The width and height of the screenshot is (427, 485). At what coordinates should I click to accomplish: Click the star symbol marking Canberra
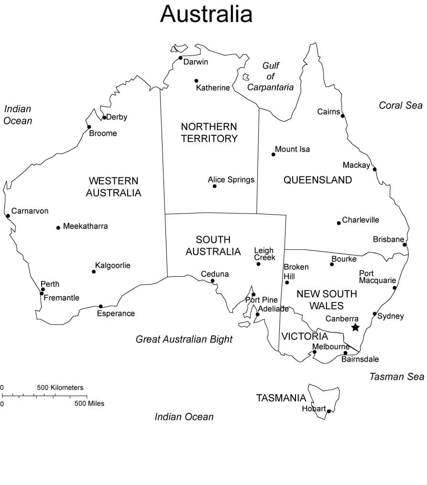click(355, 327)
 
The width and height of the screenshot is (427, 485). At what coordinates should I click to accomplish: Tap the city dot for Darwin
click(180, 58)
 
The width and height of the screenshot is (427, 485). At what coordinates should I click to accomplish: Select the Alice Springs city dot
click(214, 186)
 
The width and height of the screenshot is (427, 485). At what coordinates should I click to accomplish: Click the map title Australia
click(206, 14)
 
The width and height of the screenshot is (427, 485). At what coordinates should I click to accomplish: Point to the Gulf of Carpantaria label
click(270, 76)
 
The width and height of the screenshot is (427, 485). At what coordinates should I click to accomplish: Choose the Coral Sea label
click(401, 105)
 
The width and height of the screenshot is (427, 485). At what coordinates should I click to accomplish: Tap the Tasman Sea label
click(396, 377)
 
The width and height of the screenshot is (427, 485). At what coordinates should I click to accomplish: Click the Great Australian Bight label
click(184, 339)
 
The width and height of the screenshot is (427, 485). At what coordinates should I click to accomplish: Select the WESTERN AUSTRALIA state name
click(113, 187)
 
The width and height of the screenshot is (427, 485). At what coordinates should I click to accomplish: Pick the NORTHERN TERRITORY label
click(209, 132)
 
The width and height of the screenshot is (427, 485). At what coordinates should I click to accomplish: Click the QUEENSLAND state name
click(318, 180)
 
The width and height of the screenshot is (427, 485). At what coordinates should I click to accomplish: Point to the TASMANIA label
click(281, 398)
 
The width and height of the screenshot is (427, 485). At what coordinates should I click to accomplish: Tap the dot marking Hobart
click(329, 411)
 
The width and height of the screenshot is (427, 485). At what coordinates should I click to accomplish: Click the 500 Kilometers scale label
click(60, 388)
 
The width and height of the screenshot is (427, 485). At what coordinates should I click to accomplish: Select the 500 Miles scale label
click(89, 403)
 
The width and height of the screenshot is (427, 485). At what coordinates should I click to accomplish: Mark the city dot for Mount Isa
click(274, 154)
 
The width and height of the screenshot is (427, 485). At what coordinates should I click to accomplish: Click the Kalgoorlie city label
click(112, 265)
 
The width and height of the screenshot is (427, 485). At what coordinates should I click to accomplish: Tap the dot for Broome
click(89, 127)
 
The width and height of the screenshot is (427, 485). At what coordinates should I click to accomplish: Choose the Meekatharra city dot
click(58, 227)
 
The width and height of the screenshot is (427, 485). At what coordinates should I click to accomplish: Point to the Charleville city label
click(361, 220)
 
